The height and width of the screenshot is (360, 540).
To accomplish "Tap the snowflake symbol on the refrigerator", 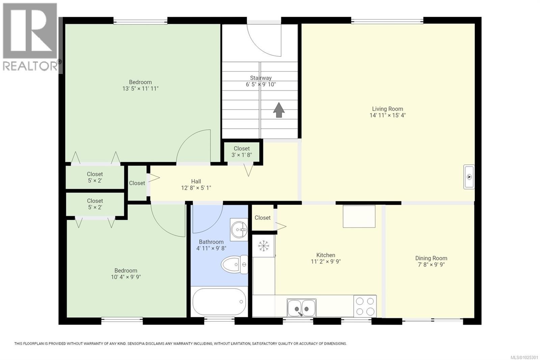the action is (x=264, y=246).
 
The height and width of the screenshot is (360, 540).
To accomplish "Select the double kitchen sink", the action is (x=302, y=308).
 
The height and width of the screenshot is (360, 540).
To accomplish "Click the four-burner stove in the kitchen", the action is (x=365, y=306).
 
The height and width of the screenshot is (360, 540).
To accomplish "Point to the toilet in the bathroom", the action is (x=234, y=264).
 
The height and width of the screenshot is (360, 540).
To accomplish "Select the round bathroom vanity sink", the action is (x=239, y=230).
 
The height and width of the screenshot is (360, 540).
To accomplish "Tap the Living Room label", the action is (x=387, y=109).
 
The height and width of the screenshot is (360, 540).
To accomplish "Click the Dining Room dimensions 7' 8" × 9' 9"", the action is (x=431, y=264).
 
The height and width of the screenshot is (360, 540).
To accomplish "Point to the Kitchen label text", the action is (x=326, y=255).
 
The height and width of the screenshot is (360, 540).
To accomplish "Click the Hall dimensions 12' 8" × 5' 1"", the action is (x=196, y=188).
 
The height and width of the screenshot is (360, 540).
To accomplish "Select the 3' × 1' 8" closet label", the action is (x=242, y=155).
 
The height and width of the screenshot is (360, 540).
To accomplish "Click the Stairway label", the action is (x=261, y=78).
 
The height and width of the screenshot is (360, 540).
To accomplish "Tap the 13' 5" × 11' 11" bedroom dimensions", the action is (x=140, y=88).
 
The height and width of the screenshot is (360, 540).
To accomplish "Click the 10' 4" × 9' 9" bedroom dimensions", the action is (x=126, y=277).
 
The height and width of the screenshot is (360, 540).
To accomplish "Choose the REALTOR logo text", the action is (x=31, y=66).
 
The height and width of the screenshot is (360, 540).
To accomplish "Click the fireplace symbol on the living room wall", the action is (x=469, y=177).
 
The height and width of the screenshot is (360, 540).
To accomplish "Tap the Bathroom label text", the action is (x=211, y=242).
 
